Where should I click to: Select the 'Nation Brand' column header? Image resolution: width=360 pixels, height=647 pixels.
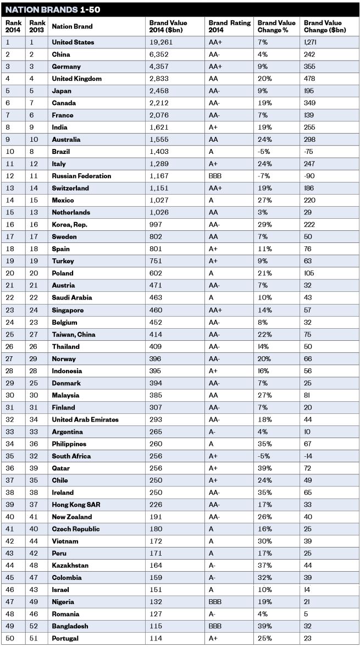(72, 26)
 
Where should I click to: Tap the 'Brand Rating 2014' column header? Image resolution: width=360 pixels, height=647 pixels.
(229, 26)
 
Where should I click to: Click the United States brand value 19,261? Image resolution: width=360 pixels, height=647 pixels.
(160, 42)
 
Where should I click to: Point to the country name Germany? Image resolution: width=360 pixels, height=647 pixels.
(66, 67)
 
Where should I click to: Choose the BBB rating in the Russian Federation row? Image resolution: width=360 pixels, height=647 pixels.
(215, 176)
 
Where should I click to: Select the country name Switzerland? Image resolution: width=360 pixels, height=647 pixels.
(71, 188)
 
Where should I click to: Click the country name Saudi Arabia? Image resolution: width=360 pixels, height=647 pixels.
(72, 297)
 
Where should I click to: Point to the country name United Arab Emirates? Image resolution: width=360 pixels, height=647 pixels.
(85, 419)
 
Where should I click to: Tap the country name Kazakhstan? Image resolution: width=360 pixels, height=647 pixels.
(70, 565)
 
